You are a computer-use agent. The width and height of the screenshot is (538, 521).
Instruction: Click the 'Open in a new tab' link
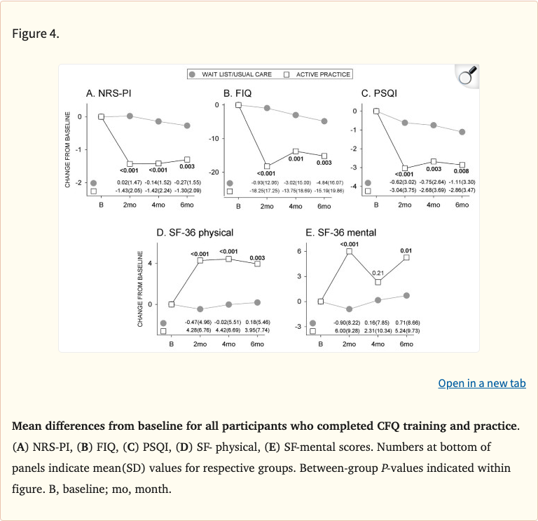481,384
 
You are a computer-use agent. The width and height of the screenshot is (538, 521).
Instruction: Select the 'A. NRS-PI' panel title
106,93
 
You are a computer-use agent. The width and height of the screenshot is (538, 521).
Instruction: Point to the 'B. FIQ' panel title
237,93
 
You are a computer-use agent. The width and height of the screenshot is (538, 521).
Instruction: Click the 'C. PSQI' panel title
379,93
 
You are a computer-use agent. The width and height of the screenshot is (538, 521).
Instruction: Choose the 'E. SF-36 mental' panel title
330,232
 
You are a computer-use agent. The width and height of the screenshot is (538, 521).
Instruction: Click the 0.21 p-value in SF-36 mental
378,273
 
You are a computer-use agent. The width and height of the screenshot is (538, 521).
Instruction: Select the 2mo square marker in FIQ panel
267,166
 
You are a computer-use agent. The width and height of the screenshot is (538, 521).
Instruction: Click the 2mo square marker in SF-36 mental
349,251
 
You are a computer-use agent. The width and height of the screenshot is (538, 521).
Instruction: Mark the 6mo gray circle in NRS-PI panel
187,126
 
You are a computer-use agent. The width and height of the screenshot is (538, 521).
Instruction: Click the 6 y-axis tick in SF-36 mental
299,251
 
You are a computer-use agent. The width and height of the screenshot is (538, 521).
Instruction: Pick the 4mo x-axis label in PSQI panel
434,205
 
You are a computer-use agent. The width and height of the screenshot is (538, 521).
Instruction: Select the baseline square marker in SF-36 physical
171,304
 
